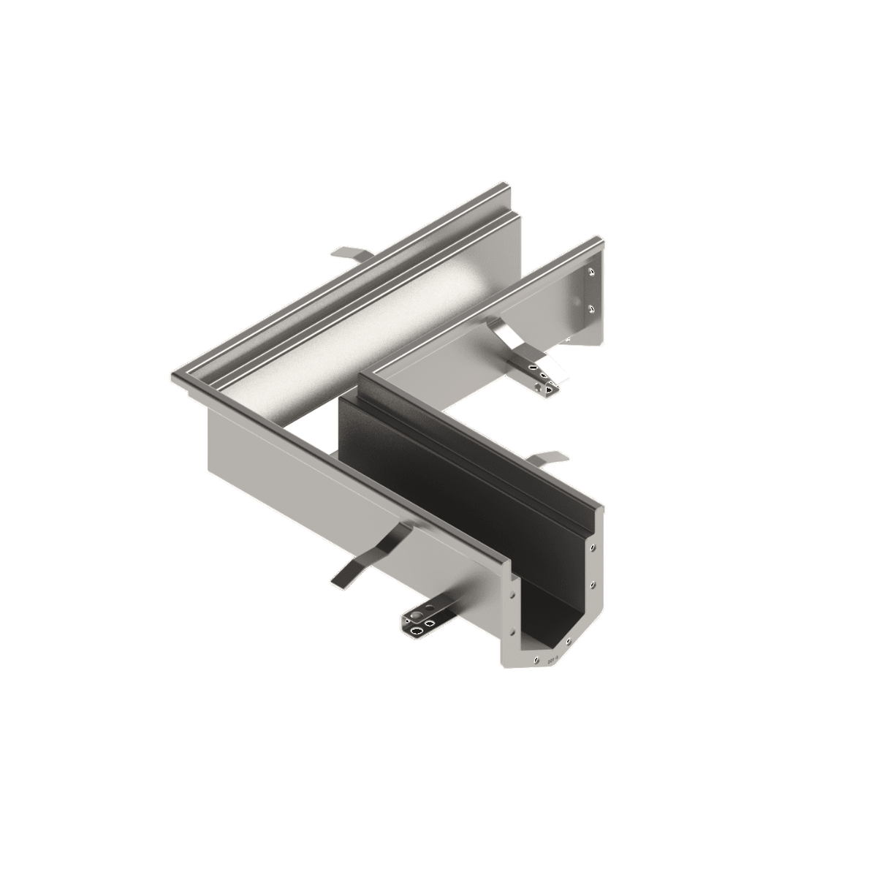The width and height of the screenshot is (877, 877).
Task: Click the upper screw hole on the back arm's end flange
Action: (x=591, y=273)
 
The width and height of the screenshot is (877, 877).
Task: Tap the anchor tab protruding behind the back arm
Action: (x=352, y=253)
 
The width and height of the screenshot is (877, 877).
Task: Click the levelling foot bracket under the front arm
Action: (x=420, y=620)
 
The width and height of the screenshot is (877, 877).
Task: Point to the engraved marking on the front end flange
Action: (x=553, y=658)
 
